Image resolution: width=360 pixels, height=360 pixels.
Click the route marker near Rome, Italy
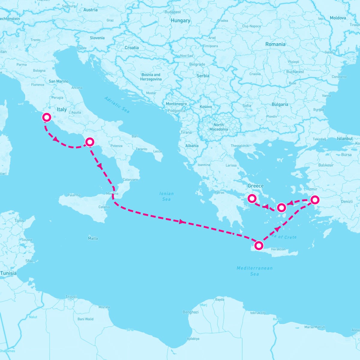coord(46,117)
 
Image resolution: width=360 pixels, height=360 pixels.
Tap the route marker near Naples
coord(90,142)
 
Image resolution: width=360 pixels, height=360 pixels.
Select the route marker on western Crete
coord(259,246)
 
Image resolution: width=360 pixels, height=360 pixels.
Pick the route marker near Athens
coord(252,198)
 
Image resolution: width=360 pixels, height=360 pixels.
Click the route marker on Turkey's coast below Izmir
coord(314,199)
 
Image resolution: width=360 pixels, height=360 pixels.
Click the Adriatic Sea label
coord(117,105)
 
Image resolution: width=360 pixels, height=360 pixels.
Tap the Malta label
coord(93,238)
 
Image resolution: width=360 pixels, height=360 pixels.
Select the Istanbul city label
coord(345,139)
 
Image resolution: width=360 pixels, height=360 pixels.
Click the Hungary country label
coord(180,20)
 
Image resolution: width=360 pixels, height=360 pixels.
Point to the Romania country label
coord(275,44)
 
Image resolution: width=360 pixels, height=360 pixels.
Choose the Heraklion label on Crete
coord(278,249)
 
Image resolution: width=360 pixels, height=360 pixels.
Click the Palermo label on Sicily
coord(74,195)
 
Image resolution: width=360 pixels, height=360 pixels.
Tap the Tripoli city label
coord(71,297)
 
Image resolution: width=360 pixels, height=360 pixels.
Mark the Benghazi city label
coord(190,312)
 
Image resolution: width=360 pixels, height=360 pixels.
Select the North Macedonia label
coord(218,127)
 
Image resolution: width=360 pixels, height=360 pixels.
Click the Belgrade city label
coord(197,64)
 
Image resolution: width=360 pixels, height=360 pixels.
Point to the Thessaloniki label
coord(240,146)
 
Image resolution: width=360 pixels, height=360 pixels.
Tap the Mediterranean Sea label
coord(254,271)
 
